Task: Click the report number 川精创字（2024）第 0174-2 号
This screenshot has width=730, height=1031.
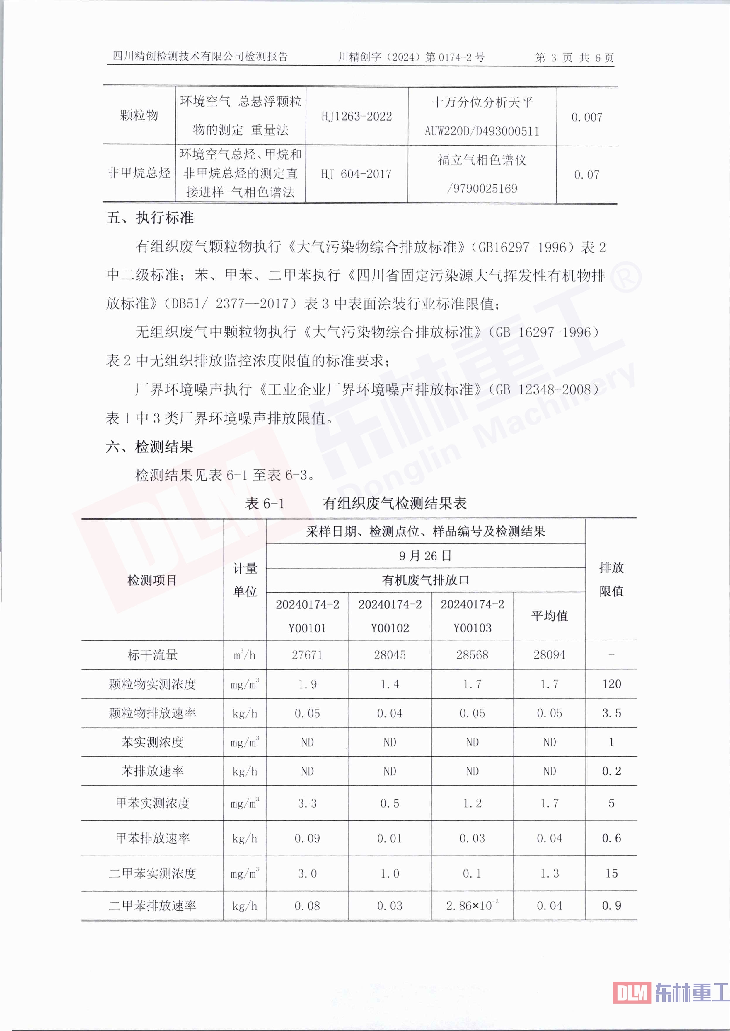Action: pyautogui.click(x=411, y=57)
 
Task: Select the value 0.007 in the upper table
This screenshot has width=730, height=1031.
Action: pyautogui.click(x=586, y=117)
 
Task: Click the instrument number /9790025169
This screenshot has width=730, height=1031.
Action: pyautogui.click(x=482, y=189)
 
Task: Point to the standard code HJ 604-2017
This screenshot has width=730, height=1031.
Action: pyautogui.click(x=357, y=174)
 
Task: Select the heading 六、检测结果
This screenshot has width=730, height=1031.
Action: pyautogui.click(x=150, y=447)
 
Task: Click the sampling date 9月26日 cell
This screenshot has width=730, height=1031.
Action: pyautogui.click(x=425, y=556)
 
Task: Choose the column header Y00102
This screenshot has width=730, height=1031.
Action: pyautogui.click(x=390, y=628)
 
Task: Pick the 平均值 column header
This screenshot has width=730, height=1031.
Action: pyautogui.click(x=549, y=616)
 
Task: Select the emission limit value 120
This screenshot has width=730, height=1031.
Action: pyautogui.click(x=611, y=684)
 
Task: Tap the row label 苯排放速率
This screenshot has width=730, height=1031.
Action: pyautogui.click(x=152, y=771)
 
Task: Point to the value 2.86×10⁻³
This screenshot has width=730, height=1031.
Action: pyautogui.click(x=472, y=906)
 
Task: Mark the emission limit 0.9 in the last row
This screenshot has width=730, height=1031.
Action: pyautogui.click(x=611, y=906)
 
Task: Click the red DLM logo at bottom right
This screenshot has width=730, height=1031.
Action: pyautogui.click(x=632, y=992)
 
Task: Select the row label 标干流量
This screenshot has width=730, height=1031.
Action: pyautogui.click(x=152, y=655)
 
